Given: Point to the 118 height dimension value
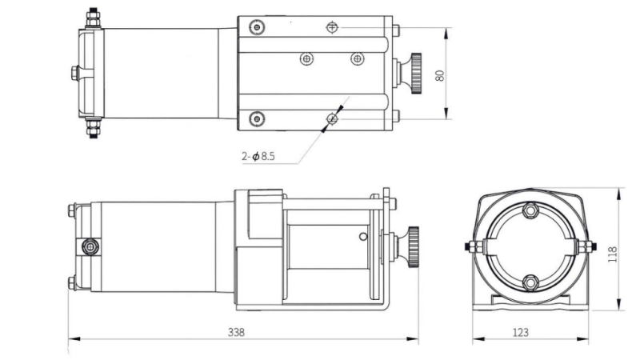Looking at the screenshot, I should [612, 254].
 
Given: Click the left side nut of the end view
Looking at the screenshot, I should [470, 246].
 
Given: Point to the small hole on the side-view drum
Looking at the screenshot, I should [364, 236].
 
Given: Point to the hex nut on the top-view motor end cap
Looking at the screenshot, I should [74, 73].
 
